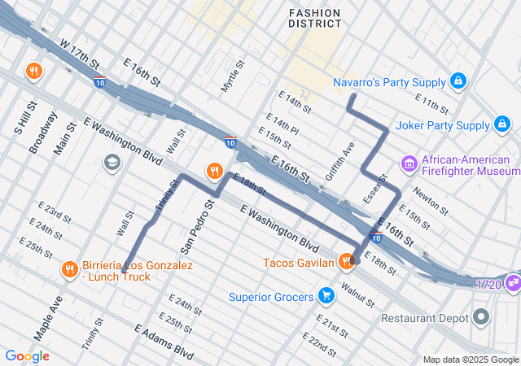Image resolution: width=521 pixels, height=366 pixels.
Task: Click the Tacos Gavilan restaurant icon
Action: [x=346, y=262]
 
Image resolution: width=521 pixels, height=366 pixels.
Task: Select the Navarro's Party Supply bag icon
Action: [x=458, y=82]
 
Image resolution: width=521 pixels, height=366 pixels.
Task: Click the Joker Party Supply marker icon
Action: [x=502, y=125]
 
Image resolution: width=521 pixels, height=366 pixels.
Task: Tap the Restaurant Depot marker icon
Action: [x=482, y=317]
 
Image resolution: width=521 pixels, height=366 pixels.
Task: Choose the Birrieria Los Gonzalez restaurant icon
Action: [x=69, y=270]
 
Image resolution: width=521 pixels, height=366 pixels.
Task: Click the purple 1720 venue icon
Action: [x=513, y=283]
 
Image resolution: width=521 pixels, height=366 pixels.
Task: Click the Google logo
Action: [x=27, y=356]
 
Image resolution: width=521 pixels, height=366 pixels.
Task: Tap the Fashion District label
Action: [x=314, y=18]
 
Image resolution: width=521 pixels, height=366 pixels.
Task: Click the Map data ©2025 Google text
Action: [x=471, y=359]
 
